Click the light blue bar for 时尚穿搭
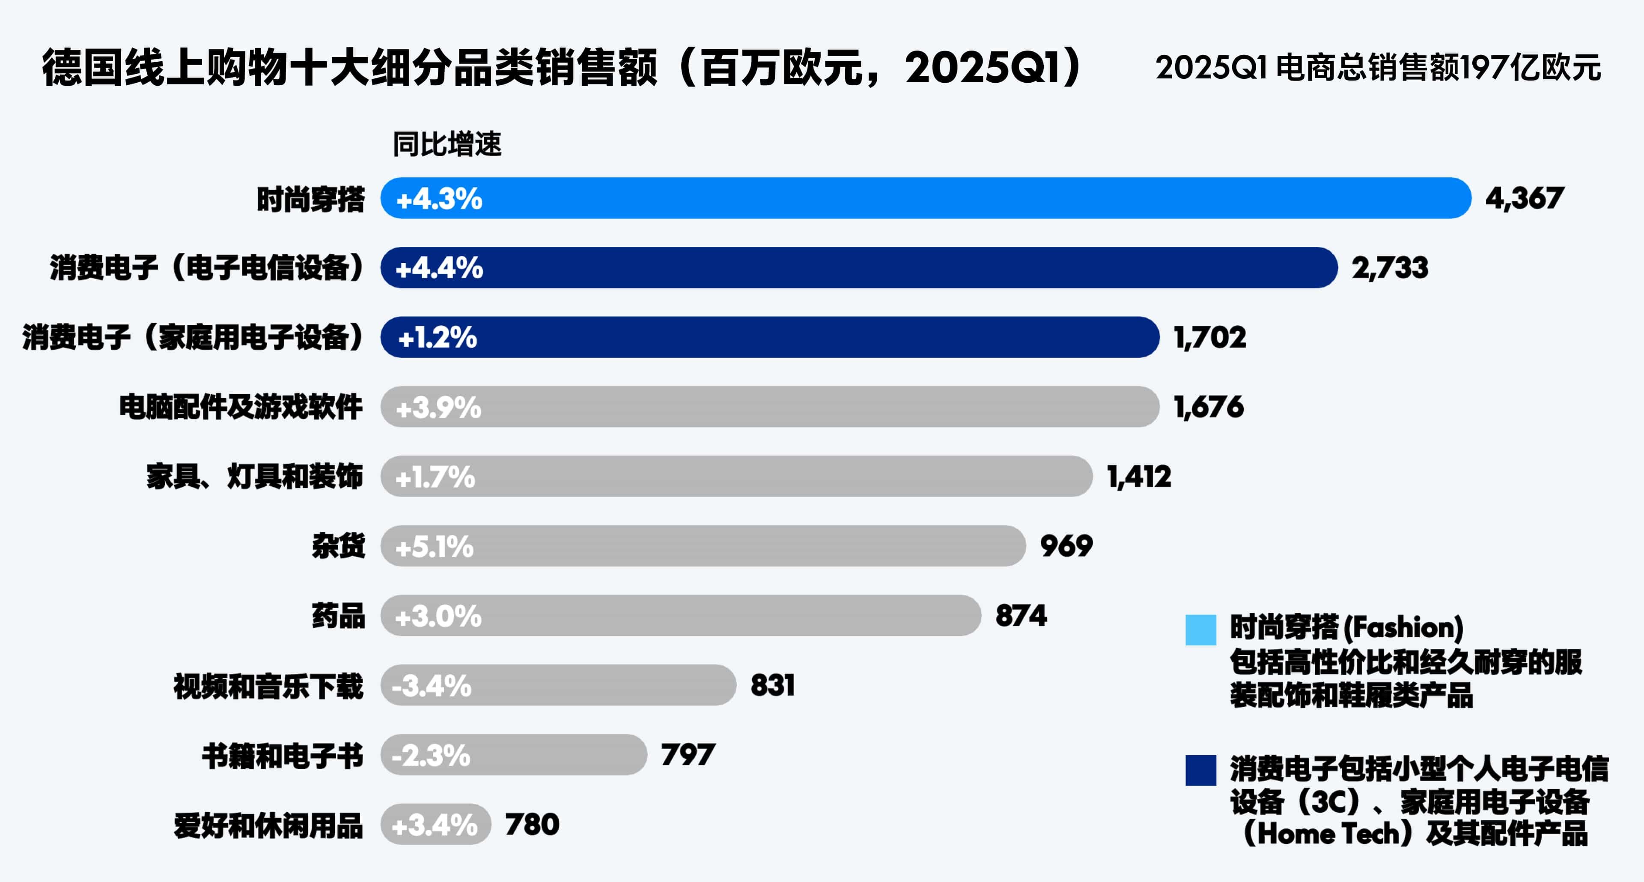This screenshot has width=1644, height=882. [x=925, y=198]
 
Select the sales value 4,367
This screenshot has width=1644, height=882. [x=1525, y=198]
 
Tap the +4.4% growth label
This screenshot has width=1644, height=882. [x=439, y=267]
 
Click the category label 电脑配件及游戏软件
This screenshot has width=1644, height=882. [x=241, y=407]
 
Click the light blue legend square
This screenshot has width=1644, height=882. [x=1200, y=630]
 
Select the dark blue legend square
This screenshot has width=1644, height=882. [x=1200, y=770]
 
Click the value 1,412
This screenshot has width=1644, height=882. [x=1139, y=477]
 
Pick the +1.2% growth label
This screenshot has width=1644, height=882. [x=437, y=337]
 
